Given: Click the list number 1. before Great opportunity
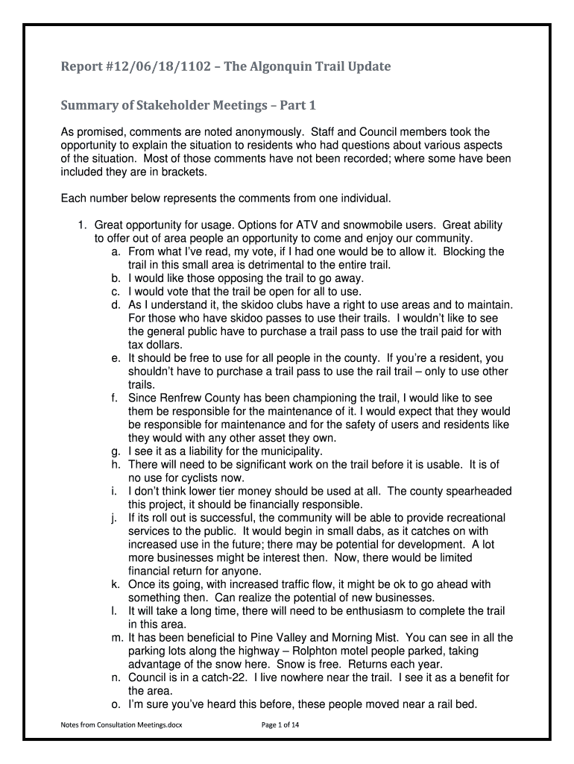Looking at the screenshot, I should click(x=83, y=225).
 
